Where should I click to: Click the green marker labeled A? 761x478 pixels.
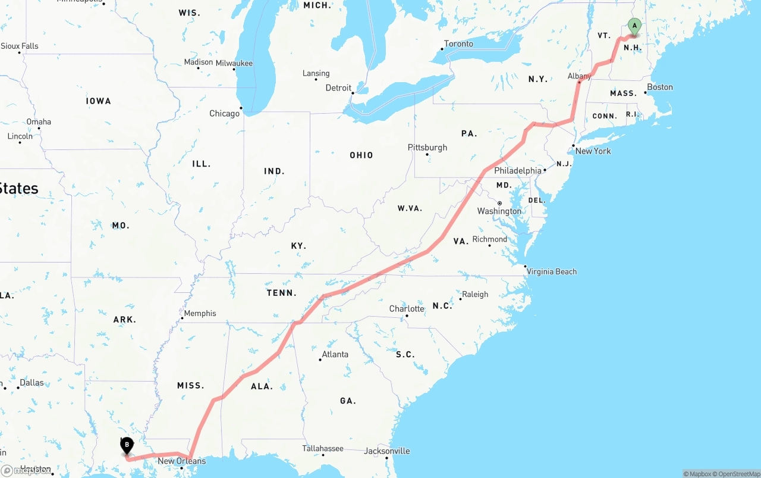click(634, 26)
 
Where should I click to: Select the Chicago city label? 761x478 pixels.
click(224, 114)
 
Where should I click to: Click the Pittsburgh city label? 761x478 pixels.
click(427, 148)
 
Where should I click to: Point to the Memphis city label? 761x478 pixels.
click(200, 314)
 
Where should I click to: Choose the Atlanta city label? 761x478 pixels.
click(335, 355)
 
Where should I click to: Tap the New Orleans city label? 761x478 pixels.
click(181, 461)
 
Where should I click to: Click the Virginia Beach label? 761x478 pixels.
click(551, 272)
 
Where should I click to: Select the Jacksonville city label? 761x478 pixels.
click(387, 451)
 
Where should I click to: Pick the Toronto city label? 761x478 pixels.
click(458, 44)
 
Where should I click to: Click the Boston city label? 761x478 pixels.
click(659, 88)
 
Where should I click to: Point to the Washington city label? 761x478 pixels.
click(499, 211)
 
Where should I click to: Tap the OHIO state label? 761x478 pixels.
click(361, 155)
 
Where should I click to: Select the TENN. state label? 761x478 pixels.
click(282, 293)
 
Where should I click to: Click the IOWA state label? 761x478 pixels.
click(99, 101)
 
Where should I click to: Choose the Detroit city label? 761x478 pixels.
click(338, 88)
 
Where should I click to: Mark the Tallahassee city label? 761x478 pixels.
click(322, 449)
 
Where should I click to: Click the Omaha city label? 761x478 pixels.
click(39, 122)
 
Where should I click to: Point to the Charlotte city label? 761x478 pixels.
click(407, 309)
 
